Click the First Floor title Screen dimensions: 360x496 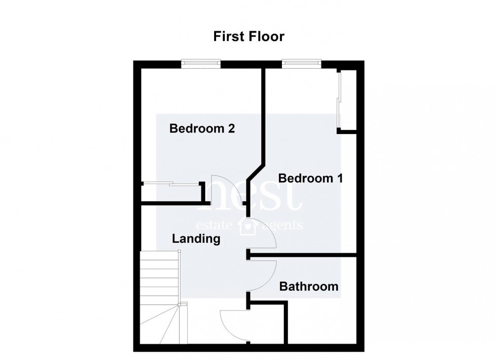point(249,36)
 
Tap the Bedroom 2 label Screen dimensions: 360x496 point(202,128)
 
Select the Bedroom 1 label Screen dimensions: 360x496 point(311,178)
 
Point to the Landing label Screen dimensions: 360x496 point(196,239)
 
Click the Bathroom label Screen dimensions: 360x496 point(309,287)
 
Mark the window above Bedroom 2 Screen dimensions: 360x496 point(201,64)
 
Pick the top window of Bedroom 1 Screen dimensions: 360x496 point(302,64)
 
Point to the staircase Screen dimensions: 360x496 point(159,293)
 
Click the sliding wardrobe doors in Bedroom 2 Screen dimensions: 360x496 point(169,184)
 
